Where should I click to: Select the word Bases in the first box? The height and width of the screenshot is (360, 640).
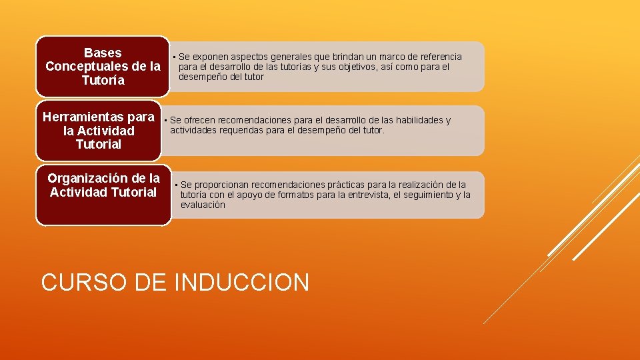(103, 53)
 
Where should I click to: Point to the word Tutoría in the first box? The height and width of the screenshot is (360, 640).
(103, 81)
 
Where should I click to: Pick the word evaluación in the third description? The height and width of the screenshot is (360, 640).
(203, 205)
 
